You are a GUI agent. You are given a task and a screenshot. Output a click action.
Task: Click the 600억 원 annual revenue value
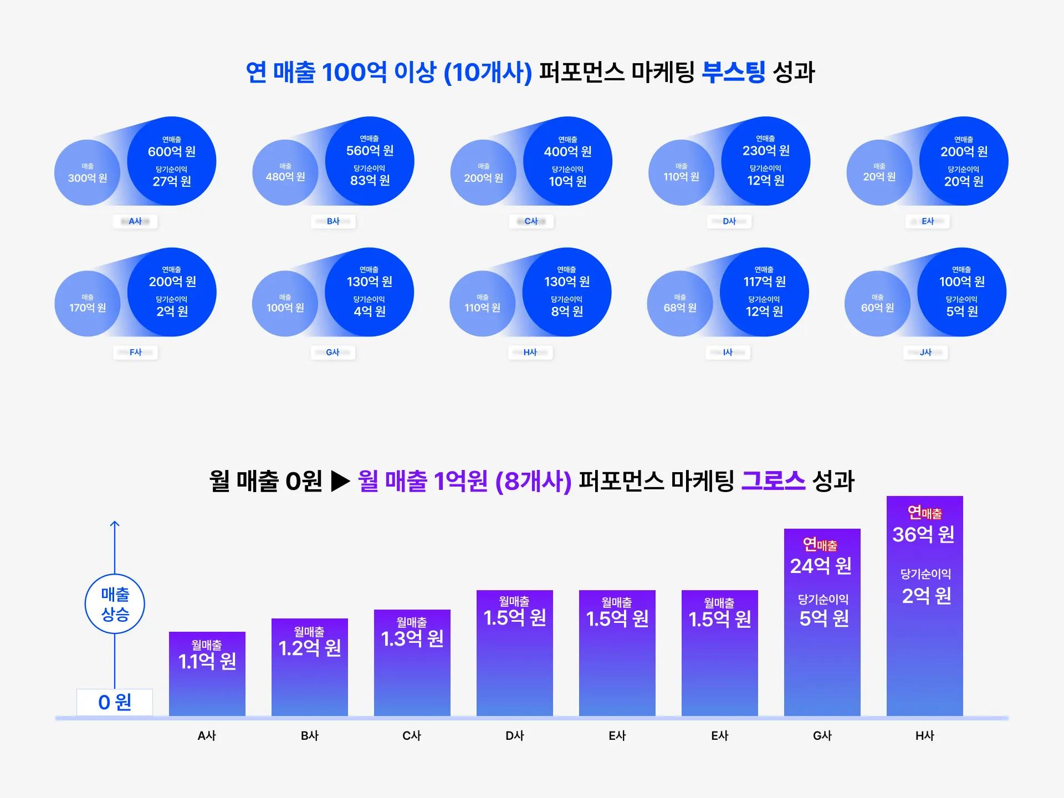click(x=172, y=151)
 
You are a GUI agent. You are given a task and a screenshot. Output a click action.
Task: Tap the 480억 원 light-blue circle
click(x=285, y=172)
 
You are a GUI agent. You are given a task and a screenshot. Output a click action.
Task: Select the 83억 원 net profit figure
click(x=370, y=180)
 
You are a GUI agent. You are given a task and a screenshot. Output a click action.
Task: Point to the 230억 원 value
click(x=766, y=150)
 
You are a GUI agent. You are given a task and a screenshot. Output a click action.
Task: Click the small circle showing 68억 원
click(x=680, y=304)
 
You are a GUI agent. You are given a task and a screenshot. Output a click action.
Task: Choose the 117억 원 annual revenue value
click(x=764, y=282)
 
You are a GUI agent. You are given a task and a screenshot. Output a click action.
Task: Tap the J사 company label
click(x=925, y=352)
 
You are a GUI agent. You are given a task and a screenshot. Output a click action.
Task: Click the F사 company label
click(x=135, y=352)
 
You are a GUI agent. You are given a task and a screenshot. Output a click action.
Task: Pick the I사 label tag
click(x=728, y=352)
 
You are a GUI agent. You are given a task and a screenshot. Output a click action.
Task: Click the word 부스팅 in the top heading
click(x=733, y=72)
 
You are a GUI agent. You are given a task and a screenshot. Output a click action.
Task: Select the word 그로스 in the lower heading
click(x=773, y=480)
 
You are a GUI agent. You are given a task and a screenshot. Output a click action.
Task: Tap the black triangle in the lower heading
click(x=340, y=481)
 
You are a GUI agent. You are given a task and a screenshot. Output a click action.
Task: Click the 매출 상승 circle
click(x=115, y=604)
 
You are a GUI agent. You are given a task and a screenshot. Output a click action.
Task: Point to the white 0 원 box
click(x=115, y=702)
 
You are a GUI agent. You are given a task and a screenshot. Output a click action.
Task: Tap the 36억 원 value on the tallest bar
click(x=923, y=534)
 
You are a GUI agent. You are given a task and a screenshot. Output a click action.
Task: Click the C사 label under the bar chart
click(x=412, y=736)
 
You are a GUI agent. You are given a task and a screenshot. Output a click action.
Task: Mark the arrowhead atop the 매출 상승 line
click(x=115, y=523)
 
